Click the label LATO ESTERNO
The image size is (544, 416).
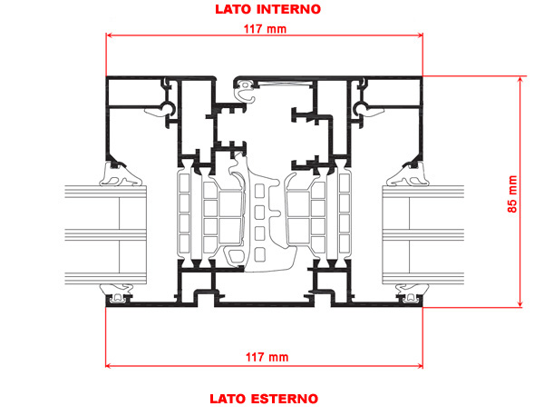pyautogui.click(x=263, y=398)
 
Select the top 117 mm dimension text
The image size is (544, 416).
pyautogui.click(x=266, y=28)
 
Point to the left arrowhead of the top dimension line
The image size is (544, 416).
pyautogui.click(x=110, y=36)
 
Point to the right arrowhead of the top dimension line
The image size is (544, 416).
pyautogui.click(x=420, y=36)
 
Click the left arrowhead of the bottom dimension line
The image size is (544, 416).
pyautogui.click(x=110, y=365)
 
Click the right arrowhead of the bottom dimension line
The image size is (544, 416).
pyautogui.click(x=420, y=365)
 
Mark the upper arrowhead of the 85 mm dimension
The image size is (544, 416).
pyautogui.click(x=521, y=80)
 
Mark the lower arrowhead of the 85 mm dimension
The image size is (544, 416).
pyautogui.click(x=521, y=304)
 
